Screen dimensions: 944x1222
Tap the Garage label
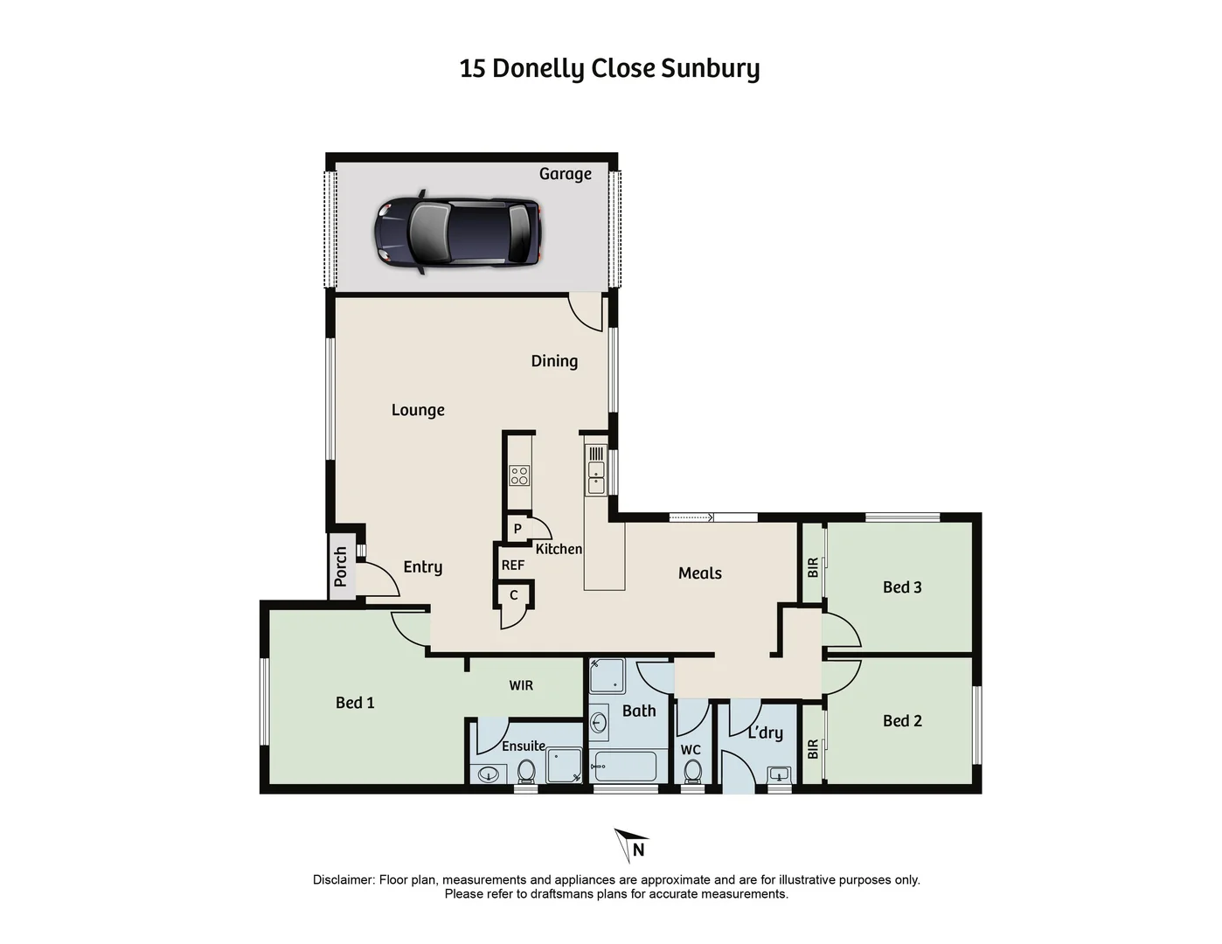click(565, 174)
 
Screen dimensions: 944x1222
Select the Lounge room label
click(418, 410)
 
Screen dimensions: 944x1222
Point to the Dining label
click(554, 361)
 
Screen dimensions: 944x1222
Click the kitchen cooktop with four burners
click(519, 475)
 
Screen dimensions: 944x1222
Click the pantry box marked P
click(517, 529)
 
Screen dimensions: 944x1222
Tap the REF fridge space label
click(513, 566)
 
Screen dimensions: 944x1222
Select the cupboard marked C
click(514, 595)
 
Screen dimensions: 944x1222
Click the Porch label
click(341, 566)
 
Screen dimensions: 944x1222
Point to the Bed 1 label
click(355, 703)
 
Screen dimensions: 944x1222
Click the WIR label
click(521, 686)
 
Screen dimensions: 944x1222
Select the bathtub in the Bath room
click(623, 767)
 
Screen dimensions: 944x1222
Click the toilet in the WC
click(692, 772)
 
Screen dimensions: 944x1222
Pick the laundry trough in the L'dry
click(779, 774)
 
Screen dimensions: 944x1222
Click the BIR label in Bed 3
click(813, 568)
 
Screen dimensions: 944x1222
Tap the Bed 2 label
click(902, 721)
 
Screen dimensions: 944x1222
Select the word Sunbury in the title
click(710, 68)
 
